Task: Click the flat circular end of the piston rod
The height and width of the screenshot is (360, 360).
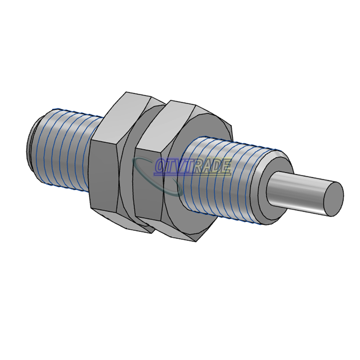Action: [333, 199]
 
